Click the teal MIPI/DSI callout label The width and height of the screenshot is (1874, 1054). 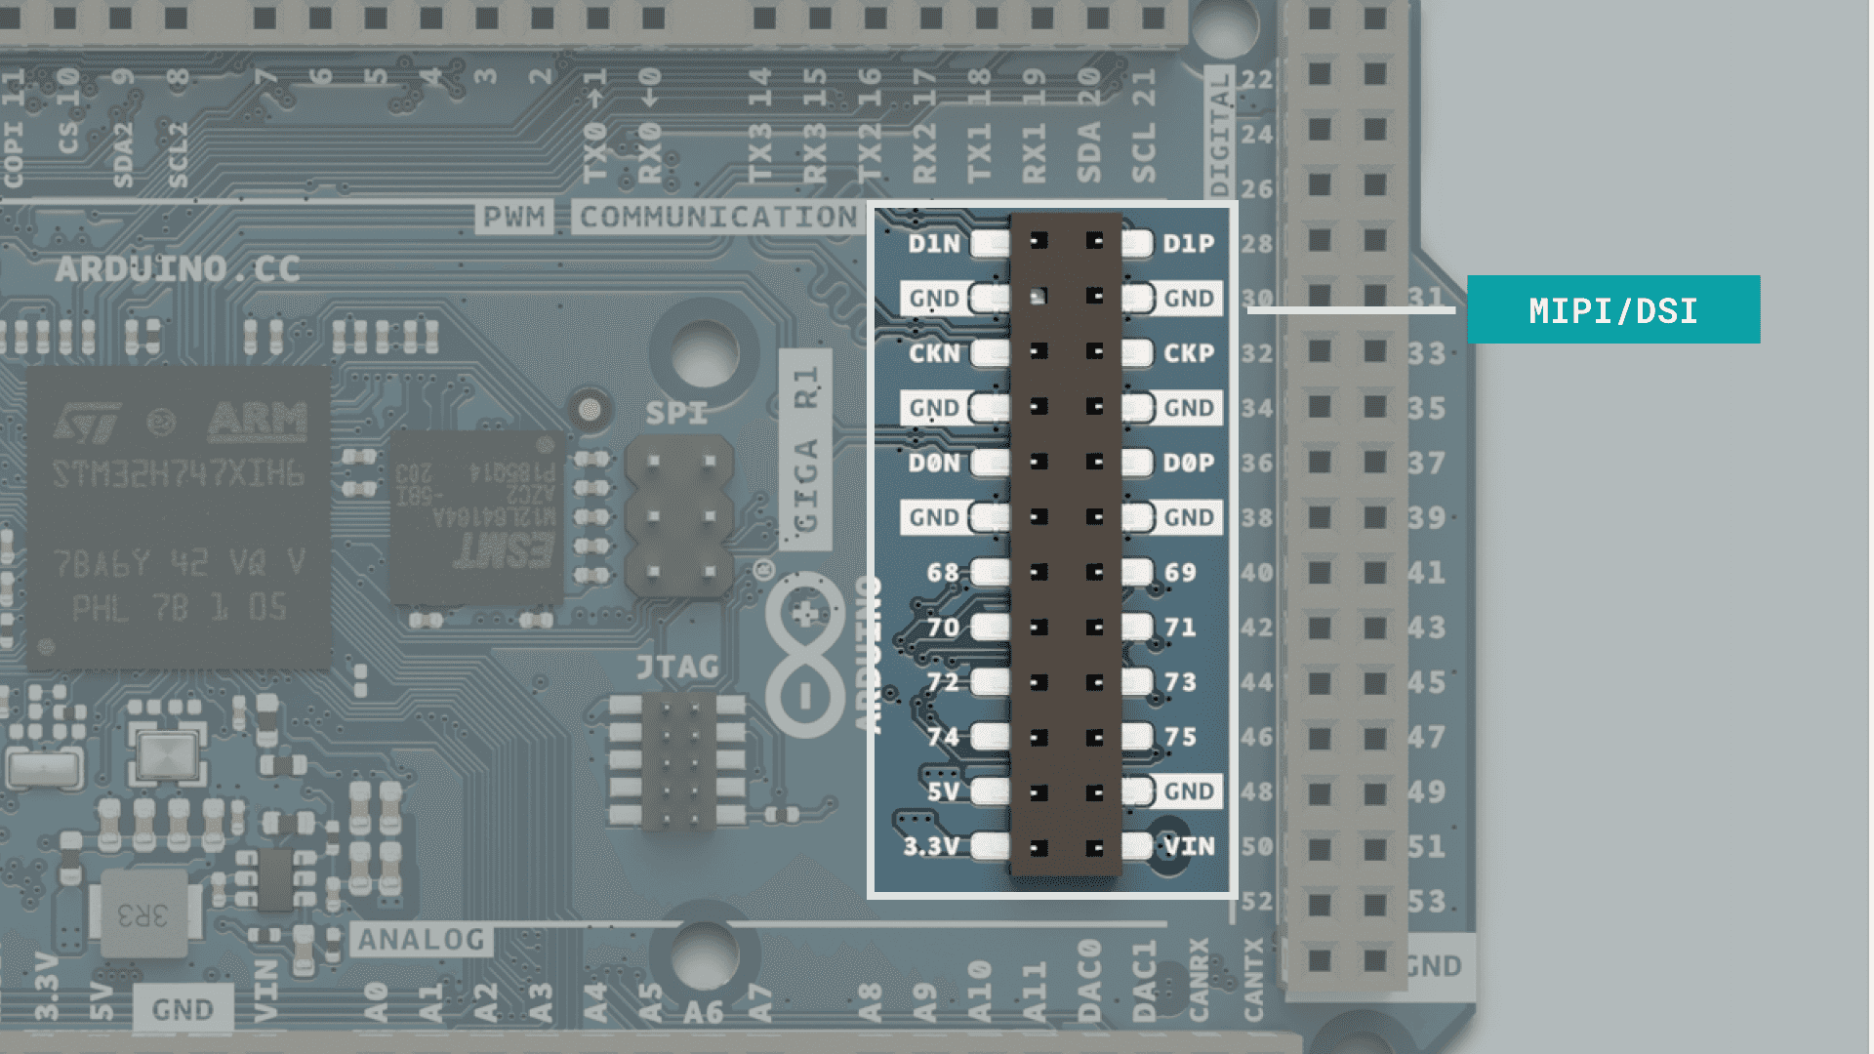pos(1612,309)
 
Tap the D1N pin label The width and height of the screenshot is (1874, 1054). pos(933,244)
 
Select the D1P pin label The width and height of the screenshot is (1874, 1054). pos(1188,244)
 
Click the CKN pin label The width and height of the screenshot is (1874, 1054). pos(933,353)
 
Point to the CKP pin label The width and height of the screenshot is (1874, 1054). pos(1188,353)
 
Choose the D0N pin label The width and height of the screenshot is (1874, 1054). pos(933,463)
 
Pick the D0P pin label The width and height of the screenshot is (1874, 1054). pos(1188,463)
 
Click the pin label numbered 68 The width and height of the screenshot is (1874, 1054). pos(942,573)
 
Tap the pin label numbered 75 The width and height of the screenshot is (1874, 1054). pos(1180,737)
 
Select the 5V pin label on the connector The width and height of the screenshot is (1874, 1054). pos(942,791)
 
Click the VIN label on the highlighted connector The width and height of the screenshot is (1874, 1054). pos(1189,846)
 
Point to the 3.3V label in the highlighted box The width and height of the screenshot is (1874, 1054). pos(930,846)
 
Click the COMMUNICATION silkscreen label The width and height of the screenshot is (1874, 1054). pos(717,217)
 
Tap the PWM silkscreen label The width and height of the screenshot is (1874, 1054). pos(514,217)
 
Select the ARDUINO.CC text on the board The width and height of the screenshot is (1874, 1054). pos(177,269)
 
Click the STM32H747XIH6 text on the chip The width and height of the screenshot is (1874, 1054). pos(178,475)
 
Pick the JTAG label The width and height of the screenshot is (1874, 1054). pos(677,668)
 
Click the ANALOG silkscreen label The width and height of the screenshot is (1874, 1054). pos(421,940)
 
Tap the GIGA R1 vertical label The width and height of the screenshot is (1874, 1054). pos(805,449)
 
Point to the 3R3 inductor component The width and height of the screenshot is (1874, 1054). pos(143,914)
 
